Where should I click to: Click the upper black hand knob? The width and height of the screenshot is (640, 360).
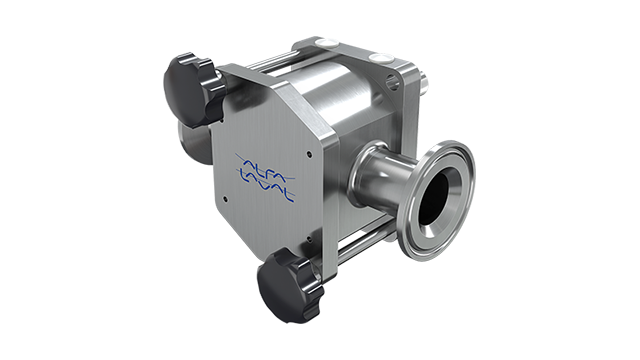192,90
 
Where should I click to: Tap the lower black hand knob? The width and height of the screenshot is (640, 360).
288,284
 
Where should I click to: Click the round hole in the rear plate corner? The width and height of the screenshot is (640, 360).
393,83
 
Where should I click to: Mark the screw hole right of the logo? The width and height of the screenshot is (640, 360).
309,154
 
